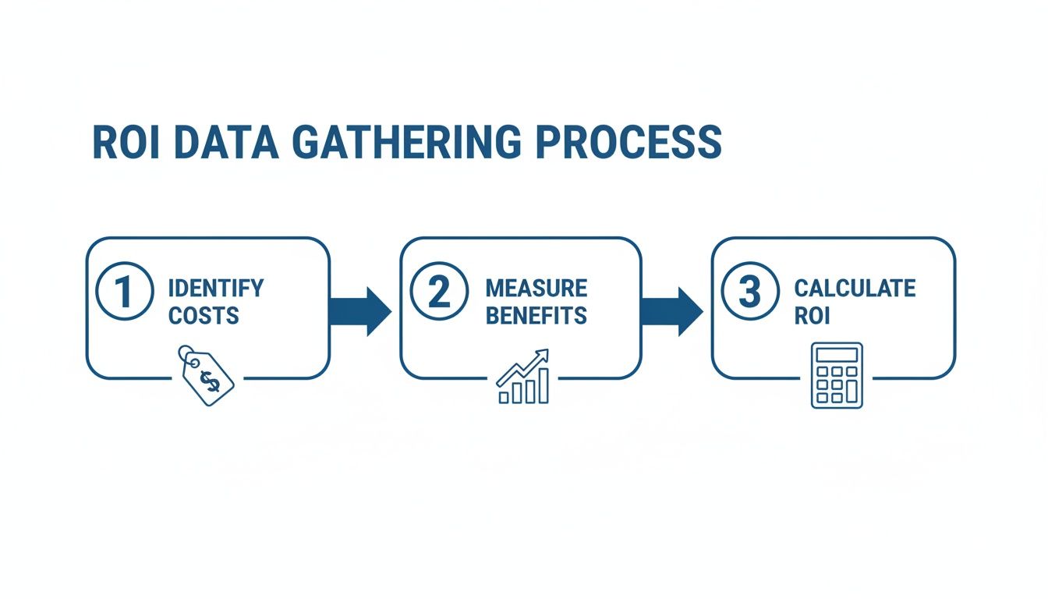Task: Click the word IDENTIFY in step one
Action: coord(216,289)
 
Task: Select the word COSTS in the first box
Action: coord(204,316)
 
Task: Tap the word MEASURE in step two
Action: coord(536,289)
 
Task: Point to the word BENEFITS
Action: coord(536,316)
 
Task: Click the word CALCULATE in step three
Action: coord(854,289)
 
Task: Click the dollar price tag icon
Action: coord(207,377)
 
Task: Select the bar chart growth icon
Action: coord(524,377)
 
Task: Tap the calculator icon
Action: coord(837,375)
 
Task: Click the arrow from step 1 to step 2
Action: coord(360,310)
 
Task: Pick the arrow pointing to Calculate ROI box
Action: coord(671,310)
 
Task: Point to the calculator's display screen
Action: coord(837,355)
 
